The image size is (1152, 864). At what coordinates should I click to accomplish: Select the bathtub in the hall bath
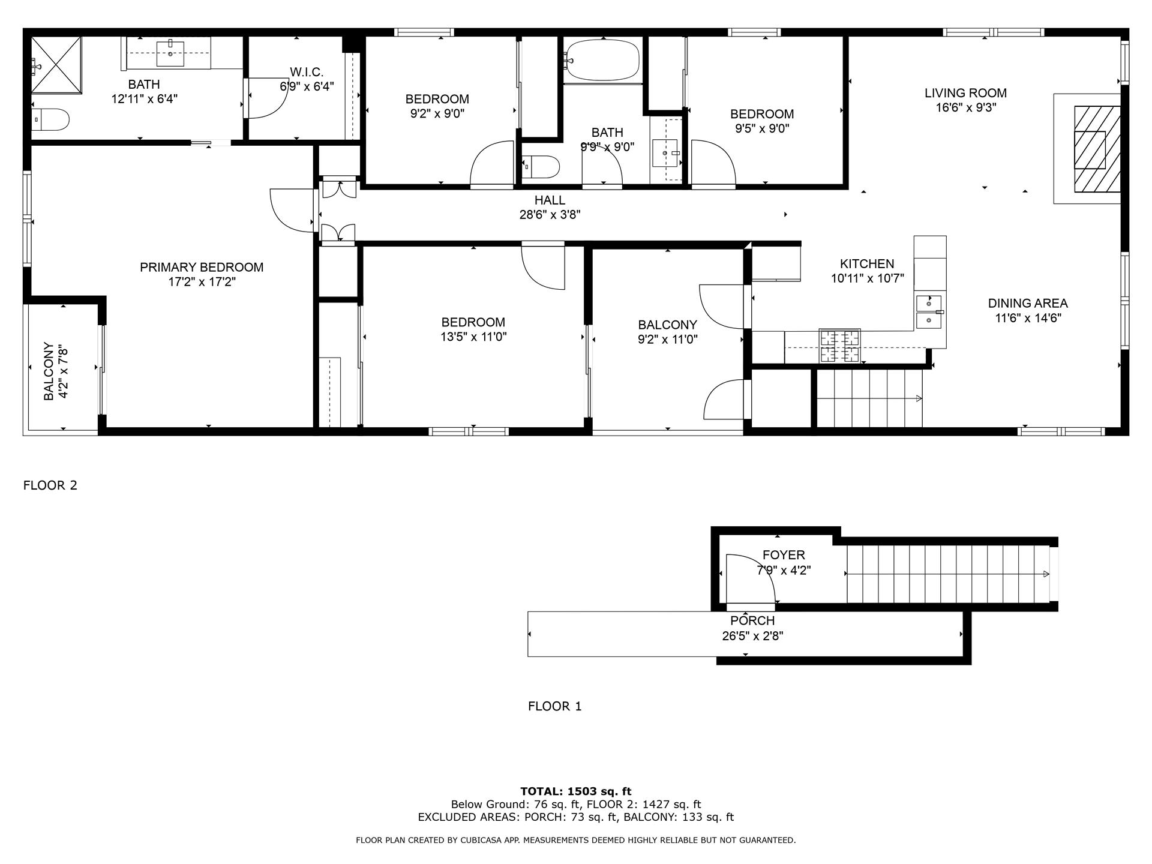[602, 59]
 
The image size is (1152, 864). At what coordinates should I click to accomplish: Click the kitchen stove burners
[840, 346]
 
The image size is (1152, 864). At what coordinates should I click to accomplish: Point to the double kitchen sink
[928, 312]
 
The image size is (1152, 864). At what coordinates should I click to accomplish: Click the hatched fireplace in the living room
[1096, 149]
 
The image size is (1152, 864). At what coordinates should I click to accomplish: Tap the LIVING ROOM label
[965, 93]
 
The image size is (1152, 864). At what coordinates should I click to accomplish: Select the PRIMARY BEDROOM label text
[202, 267]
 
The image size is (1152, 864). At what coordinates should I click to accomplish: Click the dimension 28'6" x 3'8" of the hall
[550, 215]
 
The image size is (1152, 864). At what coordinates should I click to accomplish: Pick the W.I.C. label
[307, 72]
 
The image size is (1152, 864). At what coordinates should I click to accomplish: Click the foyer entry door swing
[750, 579]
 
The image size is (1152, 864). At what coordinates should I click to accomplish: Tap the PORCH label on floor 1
[752, 620]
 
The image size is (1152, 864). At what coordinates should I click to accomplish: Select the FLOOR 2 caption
[50, 485]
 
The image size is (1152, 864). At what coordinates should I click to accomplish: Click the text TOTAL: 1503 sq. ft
[575, 791]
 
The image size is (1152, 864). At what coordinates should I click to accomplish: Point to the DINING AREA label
[1028, 304]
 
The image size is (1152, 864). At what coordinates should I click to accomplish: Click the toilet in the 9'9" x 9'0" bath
[541, 167]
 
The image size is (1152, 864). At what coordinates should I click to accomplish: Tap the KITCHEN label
[866, 263]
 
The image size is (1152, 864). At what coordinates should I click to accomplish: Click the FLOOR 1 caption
[554, 706]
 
